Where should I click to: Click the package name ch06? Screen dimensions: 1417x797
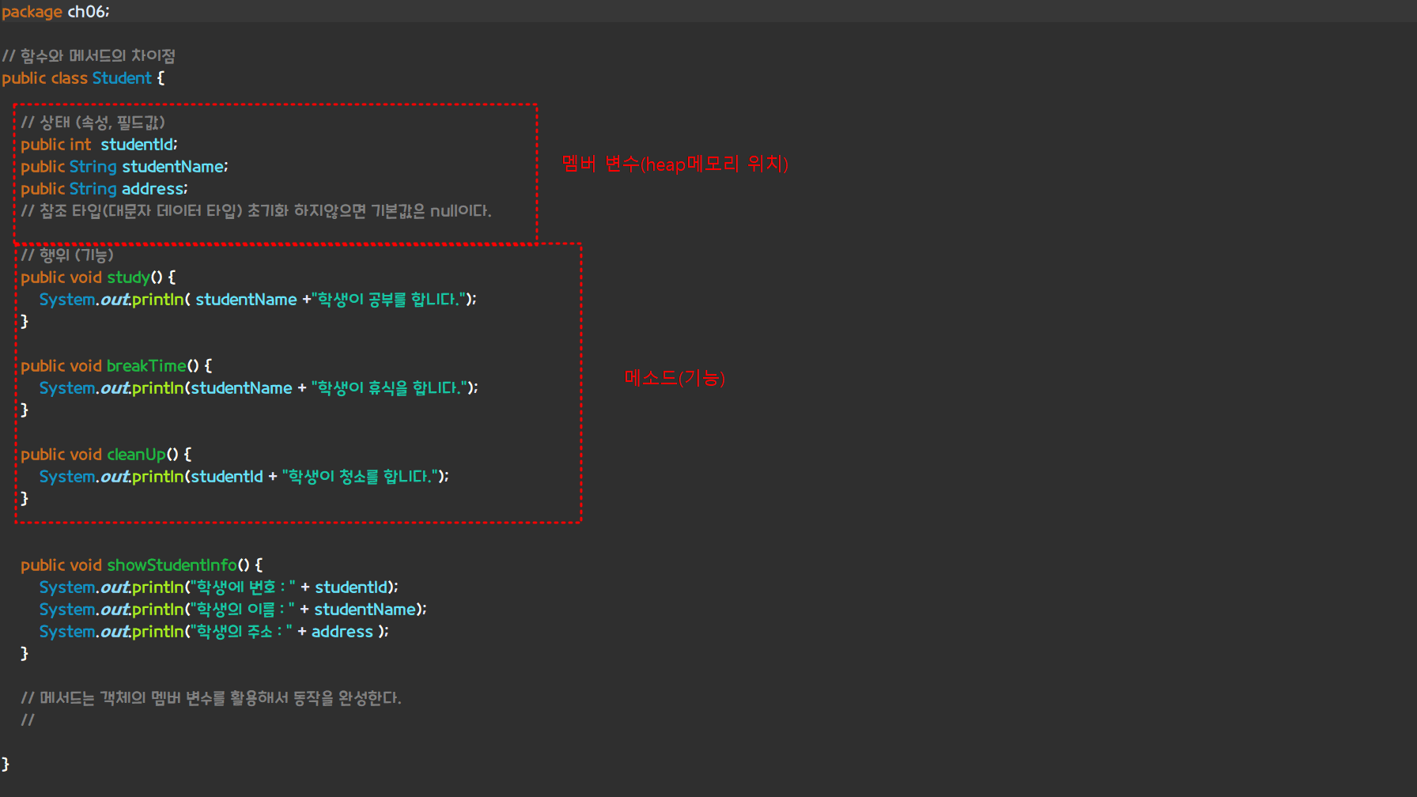tap(86, 12)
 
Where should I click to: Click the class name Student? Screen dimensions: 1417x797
tap(122, 78)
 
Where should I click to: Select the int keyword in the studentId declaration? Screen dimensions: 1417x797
tap(79, 145)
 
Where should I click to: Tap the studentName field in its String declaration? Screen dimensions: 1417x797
tap(173, 167)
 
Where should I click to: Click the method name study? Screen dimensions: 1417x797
tap(128, 278)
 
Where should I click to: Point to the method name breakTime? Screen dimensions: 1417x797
tap(146, 366)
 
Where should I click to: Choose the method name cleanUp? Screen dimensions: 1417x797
tap(136, 455)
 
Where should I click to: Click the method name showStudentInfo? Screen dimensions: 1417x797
tap(172, 565)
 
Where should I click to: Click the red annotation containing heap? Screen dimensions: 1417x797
tap(674, 164)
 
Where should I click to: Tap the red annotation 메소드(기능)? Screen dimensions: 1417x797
tap(674, 378)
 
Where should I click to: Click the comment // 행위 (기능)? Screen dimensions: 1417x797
tap(67, 255)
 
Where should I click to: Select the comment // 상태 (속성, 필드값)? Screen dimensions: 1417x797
tap(93, 123)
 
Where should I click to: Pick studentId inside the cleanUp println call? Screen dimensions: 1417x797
tap(226, 477)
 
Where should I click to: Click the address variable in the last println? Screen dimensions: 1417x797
tap(342, 632)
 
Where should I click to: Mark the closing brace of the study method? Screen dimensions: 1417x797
tap(25, 321)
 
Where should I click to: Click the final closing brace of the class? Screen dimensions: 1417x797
tap(6, 764)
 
